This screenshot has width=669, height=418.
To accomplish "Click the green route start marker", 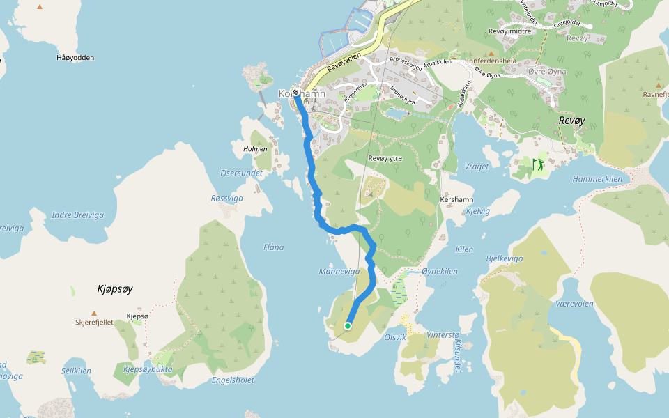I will click(x=347, y=325).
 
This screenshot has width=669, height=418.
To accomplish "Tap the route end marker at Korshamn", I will click(x=296, y=93).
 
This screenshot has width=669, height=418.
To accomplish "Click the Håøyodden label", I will click(x=75, y=58).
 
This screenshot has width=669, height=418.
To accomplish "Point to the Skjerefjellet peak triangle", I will click(x=93, y=313).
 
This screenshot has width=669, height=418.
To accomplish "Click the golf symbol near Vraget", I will click(x=538, y=164).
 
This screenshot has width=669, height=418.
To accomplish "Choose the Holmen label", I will click(x=255, y=149).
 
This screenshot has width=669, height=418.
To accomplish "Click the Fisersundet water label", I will click(x=242, y=173).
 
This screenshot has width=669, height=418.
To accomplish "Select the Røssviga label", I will click(x=227, y=198).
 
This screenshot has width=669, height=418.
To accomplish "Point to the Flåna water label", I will click(x=274, y=247).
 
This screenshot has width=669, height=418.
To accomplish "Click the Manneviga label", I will click(x=339, y=271).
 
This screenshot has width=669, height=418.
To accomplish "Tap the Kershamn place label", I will click(x=457, y=199).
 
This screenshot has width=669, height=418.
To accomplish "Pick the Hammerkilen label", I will click(x=597, y=179).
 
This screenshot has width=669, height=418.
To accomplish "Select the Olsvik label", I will click(x=395, y=336).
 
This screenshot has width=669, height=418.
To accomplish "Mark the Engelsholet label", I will click(x=233, y=380).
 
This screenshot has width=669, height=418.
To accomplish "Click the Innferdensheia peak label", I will click(x=491, y=61).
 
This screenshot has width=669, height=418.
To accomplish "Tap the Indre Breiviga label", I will click(x=77, y=215).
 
